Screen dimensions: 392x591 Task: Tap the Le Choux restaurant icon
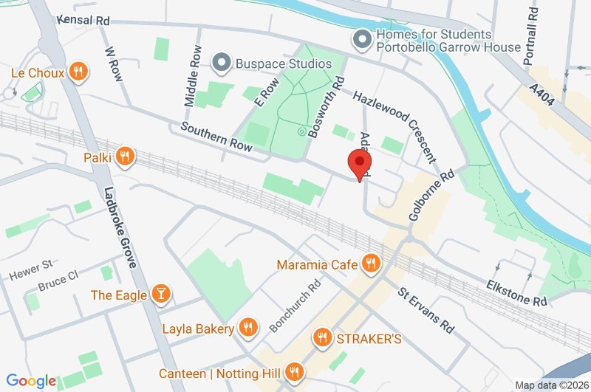point(78,72)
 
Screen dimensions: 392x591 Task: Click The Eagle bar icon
point(159,295)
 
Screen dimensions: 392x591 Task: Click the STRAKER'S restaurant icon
point(321,339)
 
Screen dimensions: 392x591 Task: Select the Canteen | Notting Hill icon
point(295,373)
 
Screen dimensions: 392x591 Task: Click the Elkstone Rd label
point(516,293)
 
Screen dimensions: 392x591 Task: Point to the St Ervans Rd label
point(426,311)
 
